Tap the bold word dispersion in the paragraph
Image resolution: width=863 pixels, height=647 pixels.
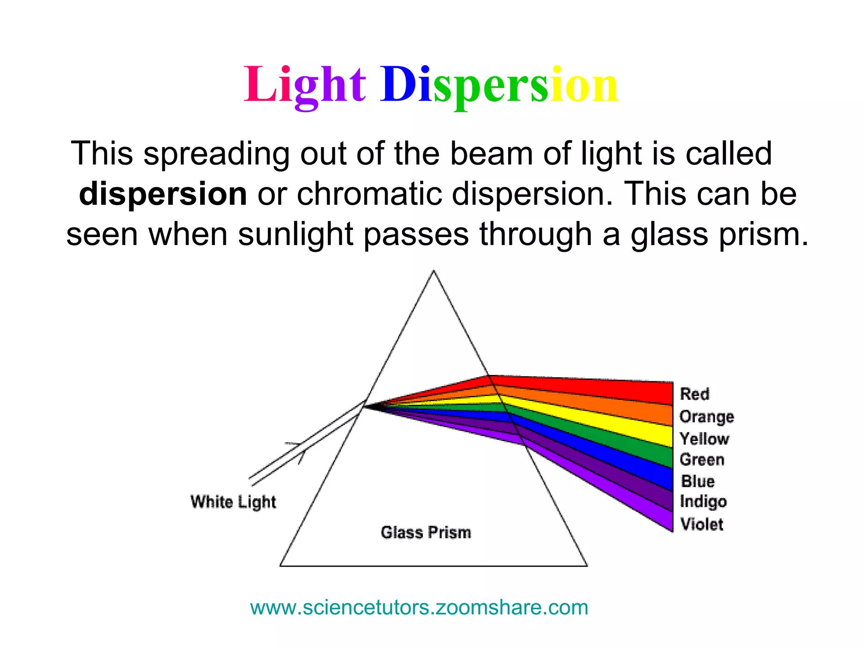tap(163, 194)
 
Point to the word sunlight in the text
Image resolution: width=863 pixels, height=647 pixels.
tap(295, 234)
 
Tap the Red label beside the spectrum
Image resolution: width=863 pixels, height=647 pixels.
tap(694, 394)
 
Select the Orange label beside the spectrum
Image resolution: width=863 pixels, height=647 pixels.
tap(707, 416)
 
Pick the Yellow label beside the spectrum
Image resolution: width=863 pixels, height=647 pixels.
tap(704, 438)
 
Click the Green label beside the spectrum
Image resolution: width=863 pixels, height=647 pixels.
tap(702, 459)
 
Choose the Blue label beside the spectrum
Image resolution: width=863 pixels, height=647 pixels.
tap(698, 481)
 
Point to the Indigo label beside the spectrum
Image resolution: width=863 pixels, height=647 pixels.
tap(703, 502)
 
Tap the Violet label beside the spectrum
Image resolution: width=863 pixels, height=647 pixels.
tap(702, 524)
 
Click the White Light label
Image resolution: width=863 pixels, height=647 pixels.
tap(233, 502)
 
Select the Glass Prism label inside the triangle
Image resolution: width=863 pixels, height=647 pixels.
tap(426, 532)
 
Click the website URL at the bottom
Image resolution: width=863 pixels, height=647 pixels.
tap(419, 607)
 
